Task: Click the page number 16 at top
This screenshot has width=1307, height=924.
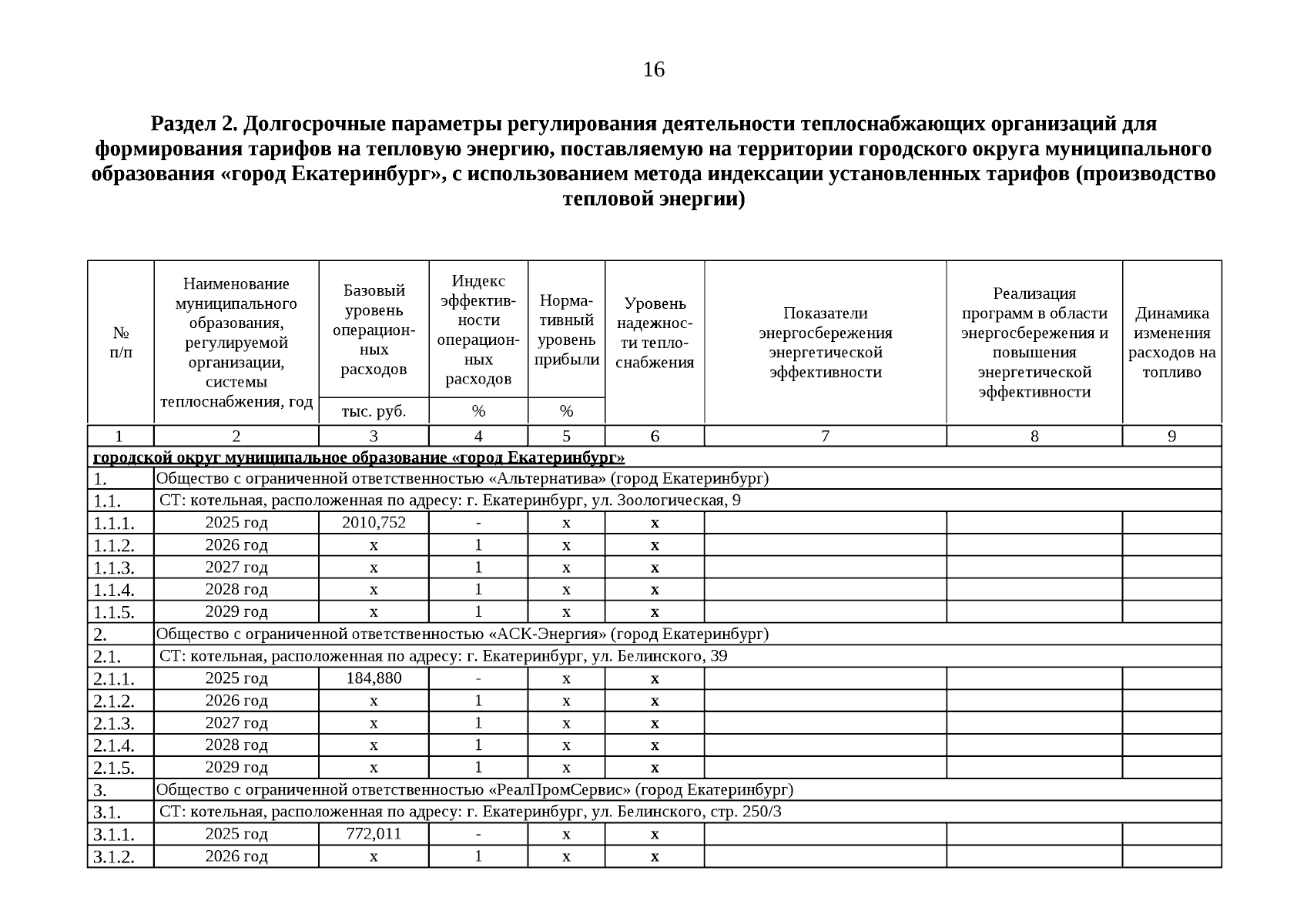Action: coord(653,70)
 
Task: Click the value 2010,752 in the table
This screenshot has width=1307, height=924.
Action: coord(374,523)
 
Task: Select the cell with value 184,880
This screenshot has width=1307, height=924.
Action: coord(374,678)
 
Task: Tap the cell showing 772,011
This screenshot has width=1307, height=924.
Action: coord(374,834)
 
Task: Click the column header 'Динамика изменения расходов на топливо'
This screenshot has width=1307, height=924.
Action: coord(1171,343)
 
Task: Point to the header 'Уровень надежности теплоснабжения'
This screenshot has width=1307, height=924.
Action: coord(655,333)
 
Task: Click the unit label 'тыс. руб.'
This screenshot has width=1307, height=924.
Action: coord(374,411)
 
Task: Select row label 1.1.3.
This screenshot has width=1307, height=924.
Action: coord(114,568)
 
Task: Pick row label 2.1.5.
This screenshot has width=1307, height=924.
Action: coord(114,768)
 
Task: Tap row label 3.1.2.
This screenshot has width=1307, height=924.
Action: coord(114,857)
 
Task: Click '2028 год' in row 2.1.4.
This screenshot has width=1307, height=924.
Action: coord(236,745)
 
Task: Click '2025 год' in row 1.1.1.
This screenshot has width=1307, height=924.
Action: coord(236,523)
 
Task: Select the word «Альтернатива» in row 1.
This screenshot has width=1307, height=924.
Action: coord(548,479)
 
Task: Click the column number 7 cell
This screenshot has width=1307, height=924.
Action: coord(825,436)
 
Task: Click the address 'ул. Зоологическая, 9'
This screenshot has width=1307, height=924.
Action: coord(667,501)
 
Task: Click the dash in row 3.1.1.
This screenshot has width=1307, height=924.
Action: coord(478,834)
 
